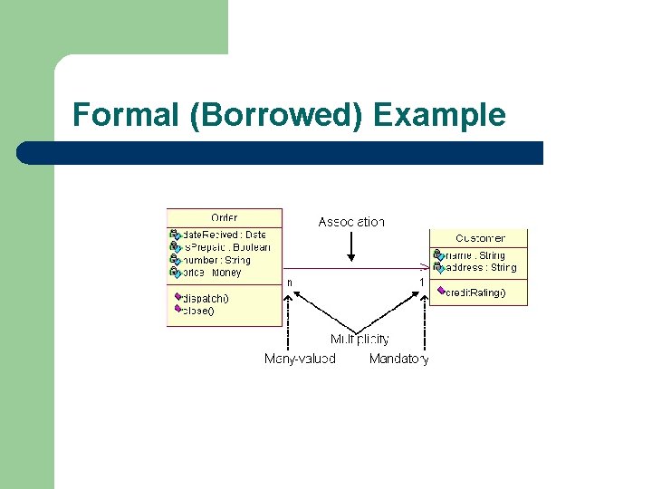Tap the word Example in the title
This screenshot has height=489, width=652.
tap(439, 115)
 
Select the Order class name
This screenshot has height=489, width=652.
tap(225, 218)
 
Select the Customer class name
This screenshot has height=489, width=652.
tap(480, 238)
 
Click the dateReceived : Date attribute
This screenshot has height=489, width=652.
tap(224, 235)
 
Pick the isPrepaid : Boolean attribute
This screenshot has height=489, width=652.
tap(226, 247)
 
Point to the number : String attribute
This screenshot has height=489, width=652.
tap(216, 260)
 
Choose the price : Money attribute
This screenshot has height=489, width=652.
tap(212, 273)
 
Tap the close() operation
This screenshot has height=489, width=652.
tap(198, 311)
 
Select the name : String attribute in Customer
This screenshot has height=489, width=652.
tap(475, 255)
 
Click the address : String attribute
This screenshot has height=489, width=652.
tap(480, 268)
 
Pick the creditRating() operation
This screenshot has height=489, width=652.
tap(475, 292)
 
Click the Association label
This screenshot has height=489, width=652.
tap(351, 222)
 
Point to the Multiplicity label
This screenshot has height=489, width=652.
tap(360, 340)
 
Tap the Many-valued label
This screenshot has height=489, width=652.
tap(300, 359)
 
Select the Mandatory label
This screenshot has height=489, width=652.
tap(398, 359)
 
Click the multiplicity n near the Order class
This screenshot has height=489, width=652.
tap(290, 283)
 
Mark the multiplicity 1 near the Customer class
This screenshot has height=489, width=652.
tap(421, 283)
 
